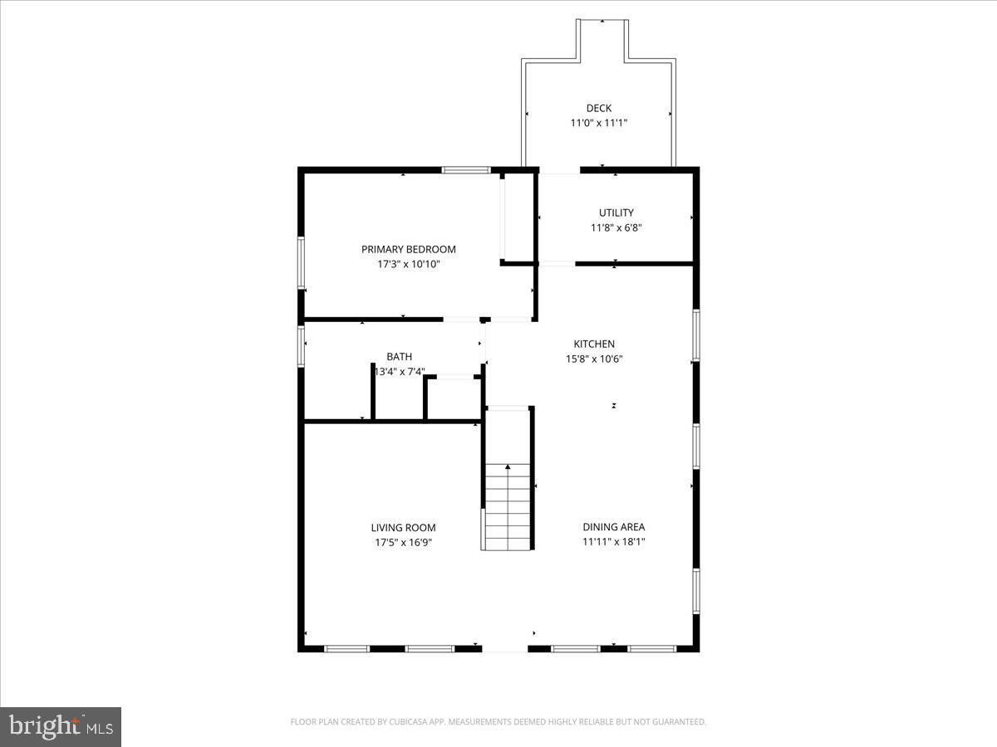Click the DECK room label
click(x=598, y=108)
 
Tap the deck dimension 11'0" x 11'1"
click(x=598, y=123)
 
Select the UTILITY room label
click(x=616, y=212)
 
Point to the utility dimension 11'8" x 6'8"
click(x=616, y=227)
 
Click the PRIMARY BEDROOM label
click(x=408, y=249)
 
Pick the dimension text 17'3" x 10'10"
click(x=408, y=264)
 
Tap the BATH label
click(x=399, y=357)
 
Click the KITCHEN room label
click(x=594, y=344)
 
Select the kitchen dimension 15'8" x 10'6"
click(x=594, y=359)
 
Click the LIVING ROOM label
click(x=403, y=528)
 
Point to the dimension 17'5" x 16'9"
click(x=403, y=543)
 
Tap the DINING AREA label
click(x=613, y=527)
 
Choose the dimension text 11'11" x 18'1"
click(x=613, y=542)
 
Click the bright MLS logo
click(x=61, y=727)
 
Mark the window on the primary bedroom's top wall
click(x=465, y=170)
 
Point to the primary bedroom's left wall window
click(x=302, y=262)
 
